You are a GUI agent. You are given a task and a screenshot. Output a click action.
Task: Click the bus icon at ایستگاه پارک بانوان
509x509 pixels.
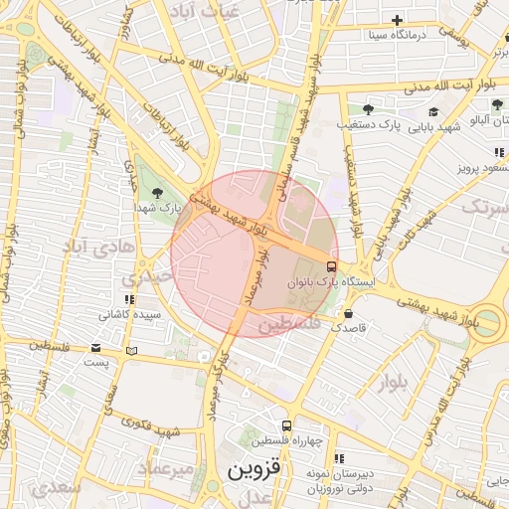point(331,265)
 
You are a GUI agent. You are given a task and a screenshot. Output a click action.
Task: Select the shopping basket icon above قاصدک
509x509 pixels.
point(348,310)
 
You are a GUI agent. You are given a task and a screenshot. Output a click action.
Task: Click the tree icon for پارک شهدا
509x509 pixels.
point(158,192)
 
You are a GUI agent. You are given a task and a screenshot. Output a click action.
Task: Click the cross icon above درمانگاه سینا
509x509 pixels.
point(397,20)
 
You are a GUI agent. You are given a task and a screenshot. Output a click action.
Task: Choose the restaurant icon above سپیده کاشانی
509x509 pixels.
point(128,298)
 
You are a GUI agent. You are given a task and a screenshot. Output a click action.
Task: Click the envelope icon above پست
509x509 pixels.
point(95,348)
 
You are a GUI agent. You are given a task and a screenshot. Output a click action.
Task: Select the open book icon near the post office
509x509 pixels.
point(132,351)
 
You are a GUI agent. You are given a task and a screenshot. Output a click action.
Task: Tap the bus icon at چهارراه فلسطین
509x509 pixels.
point(286,424)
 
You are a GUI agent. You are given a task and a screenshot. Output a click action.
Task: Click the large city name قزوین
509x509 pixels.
point(255,468)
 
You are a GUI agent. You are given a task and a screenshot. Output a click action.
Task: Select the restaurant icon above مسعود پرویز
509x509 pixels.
point(499,152)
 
